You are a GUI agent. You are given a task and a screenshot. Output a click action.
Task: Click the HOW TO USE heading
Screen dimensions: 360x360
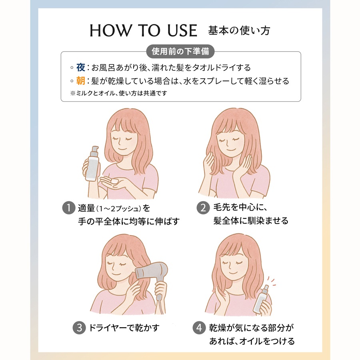(144, 31)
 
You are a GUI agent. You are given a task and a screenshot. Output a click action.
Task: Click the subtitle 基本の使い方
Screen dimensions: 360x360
(242, 31)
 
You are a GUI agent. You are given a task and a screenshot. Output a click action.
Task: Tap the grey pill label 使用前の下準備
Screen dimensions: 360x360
(180, 52)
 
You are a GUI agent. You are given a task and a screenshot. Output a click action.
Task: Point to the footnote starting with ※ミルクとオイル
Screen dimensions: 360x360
(118, 93)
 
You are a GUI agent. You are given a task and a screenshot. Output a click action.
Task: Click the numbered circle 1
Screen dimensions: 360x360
(69, 208)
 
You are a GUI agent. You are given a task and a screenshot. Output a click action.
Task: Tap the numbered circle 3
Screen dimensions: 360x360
(79, 328)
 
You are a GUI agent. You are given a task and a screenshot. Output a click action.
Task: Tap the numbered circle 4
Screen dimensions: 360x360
(199, 328)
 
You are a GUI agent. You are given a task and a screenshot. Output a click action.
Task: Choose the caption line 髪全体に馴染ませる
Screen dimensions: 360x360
(251, 221)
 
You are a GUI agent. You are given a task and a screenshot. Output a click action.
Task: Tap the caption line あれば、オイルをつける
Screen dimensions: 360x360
(252, 341)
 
